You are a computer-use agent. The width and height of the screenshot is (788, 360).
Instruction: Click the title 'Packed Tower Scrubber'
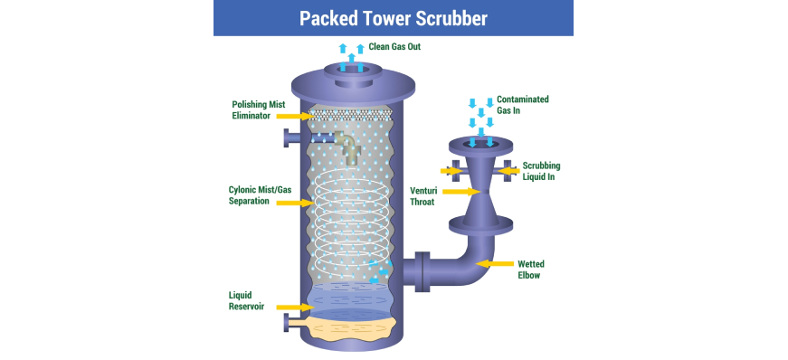coord(393,18)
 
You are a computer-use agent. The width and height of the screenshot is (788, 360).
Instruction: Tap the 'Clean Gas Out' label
coord(394,47)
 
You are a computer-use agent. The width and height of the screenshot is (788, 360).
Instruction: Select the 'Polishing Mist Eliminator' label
coord(259,110)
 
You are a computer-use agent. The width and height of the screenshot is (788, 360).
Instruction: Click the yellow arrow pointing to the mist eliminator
coord(296,116)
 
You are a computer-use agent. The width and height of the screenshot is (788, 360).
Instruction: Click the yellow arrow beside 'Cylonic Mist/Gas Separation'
coord(296,203)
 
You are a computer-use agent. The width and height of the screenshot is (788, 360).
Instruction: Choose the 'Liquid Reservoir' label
coord(246,300)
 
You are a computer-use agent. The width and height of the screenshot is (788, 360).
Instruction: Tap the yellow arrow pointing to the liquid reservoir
coord(296,307)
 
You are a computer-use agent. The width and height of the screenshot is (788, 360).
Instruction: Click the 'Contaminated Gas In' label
coord(523,105)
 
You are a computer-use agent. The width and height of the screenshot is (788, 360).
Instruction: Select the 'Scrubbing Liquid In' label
coord(541,171)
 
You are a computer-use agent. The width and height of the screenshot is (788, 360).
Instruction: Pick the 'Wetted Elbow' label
coord(531,270)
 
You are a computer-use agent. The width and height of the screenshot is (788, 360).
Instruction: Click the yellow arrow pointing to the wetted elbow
coord(495,263)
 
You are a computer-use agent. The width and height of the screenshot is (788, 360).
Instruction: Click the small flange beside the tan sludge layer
coord(288,322)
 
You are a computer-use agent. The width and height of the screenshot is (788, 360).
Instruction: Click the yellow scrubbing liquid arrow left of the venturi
coord(451,171)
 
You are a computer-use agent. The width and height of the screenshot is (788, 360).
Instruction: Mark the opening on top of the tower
coord(351,70)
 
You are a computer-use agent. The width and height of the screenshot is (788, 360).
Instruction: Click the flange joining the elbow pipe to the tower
coord(422,272)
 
